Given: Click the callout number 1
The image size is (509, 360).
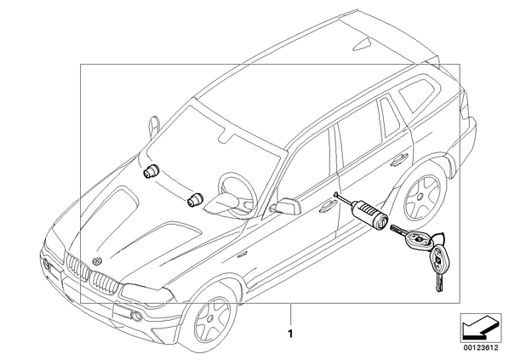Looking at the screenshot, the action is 290,334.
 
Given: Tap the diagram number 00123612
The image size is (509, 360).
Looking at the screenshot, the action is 481,348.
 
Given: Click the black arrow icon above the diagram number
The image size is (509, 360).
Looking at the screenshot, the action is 481,328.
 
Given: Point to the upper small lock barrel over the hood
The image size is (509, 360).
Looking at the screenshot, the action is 151,171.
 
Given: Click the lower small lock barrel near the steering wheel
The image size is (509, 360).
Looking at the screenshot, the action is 195,199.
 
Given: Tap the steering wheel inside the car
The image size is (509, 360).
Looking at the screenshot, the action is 237,191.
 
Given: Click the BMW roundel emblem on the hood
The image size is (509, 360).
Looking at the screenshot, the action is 97,261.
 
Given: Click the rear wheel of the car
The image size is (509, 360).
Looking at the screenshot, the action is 421,197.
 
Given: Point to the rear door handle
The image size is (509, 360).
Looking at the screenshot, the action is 399,160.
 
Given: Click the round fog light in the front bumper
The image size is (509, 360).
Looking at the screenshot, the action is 137,315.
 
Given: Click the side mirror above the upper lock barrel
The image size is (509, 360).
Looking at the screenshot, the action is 154,127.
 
